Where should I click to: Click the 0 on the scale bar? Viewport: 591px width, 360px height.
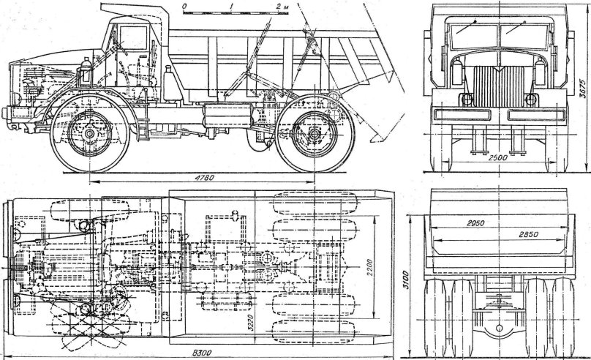pyautogui.click(x=185, y=6)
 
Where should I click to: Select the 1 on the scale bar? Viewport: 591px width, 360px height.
pyautogui.click(x=231, y=6)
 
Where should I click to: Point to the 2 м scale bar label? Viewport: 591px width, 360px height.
pyautogui.click(x=282, y=6)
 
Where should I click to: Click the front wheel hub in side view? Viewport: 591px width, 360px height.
pyautogui.click(x=88, y=135)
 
